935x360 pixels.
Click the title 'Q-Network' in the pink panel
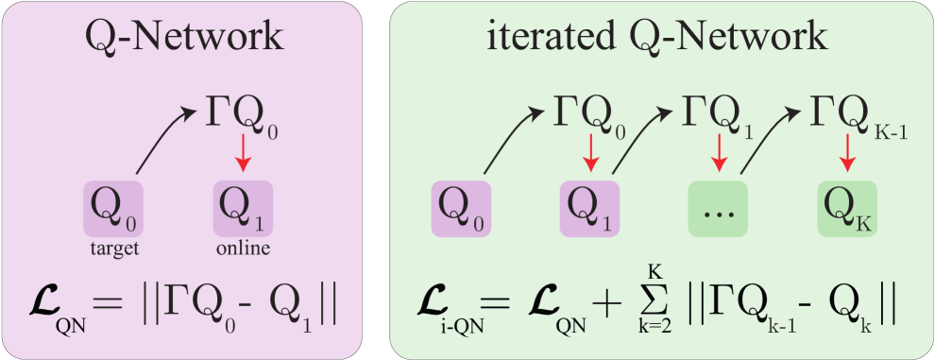pyautogui.click(x=184, y=37)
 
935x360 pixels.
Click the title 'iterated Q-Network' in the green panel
pyautogui.click(x=658, y=37)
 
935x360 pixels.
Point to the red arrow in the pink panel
pyautogui.click(x=245, y=155)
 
